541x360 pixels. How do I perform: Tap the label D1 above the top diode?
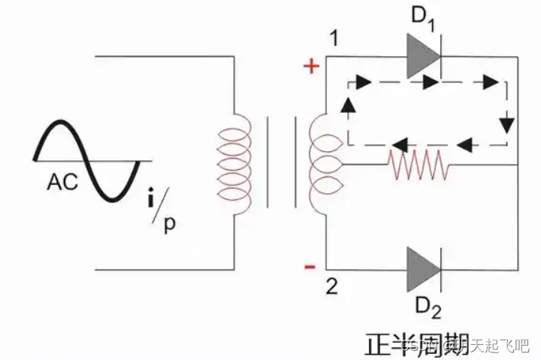click(x=422, y=18)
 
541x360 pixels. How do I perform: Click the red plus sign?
click(x=310, y=67)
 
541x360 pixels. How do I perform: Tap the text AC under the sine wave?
click(x=62, y=182)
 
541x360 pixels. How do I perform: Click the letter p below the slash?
click(x=170, y=226)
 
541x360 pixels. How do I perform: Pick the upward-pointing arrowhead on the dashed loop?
click(x=346, y=106)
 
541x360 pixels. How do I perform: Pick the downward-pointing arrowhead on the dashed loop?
click(x=510, y=121)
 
